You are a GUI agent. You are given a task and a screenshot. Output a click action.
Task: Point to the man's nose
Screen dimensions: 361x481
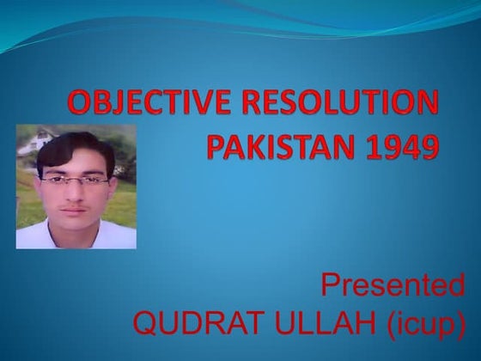tap(75, 193)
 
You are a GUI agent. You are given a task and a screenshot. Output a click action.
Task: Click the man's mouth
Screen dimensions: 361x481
tap(76, 209)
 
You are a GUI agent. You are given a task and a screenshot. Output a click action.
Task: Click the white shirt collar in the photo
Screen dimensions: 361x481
tap(60, 232)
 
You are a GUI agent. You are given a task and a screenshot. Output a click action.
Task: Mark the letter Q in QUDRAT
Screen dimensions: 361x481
tap(148, 325)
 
